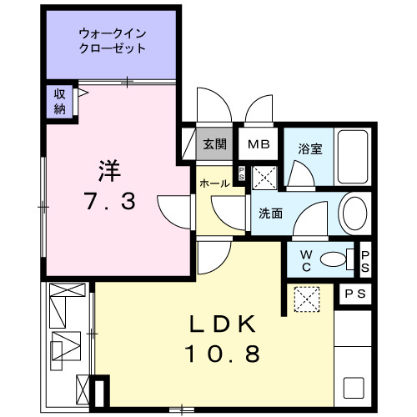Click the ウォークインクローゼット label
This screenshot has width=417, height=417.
(x=112, y=41)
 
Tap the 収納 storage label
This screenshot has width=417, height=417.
(x=61, y=100)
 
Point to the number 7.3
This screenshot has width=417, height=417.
(x=109, y=201)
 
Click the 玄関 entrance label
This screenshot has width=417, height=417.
(x=214, y=143)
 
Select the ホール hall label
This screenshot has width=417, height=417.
(x=214, y=183)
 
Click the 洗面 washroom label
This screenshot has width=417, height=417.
(x=269, y=214)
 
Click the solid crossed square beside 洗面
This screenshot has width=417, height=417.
(x=265, y=177)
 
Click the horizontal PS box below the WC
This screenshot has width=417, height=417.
(x=355, y=294)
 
